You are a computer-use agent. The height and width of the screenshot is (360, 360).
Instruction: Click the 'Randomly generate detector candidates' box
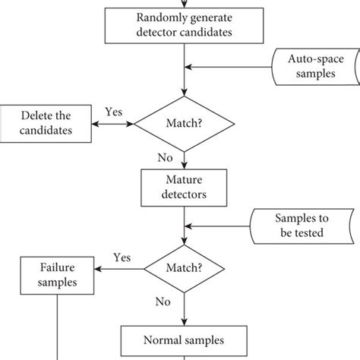click(x=184, y=25)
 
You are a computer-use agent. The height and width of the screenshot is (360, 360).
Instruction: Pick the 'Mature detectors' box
click(x=184, y=186)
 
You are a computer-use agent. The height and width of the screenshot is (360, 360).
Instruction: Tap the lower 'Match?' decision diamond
click(x=184, y=267)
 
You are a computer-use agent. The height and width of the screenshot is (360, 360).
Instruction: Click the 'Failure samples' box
click(x=58, y=274)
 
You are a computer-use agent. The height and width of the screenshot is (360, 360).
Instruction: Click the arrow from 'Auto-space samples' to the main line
click(x=228, y=67)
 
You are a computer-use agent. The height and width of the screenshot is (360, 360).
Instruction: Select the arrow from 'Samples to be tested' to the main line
click(x=220, y=224)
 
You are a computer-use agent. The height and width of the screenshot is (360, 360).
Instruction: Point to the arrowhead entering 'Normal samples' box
click(x=184, y=322)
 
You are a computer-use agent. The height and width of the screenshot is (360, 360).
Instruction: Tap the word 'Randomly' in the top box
click(x=164, y=18)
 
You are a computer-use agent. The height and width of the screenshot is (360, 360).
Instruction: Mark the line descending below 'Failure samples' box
click(x=58, y=327)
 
